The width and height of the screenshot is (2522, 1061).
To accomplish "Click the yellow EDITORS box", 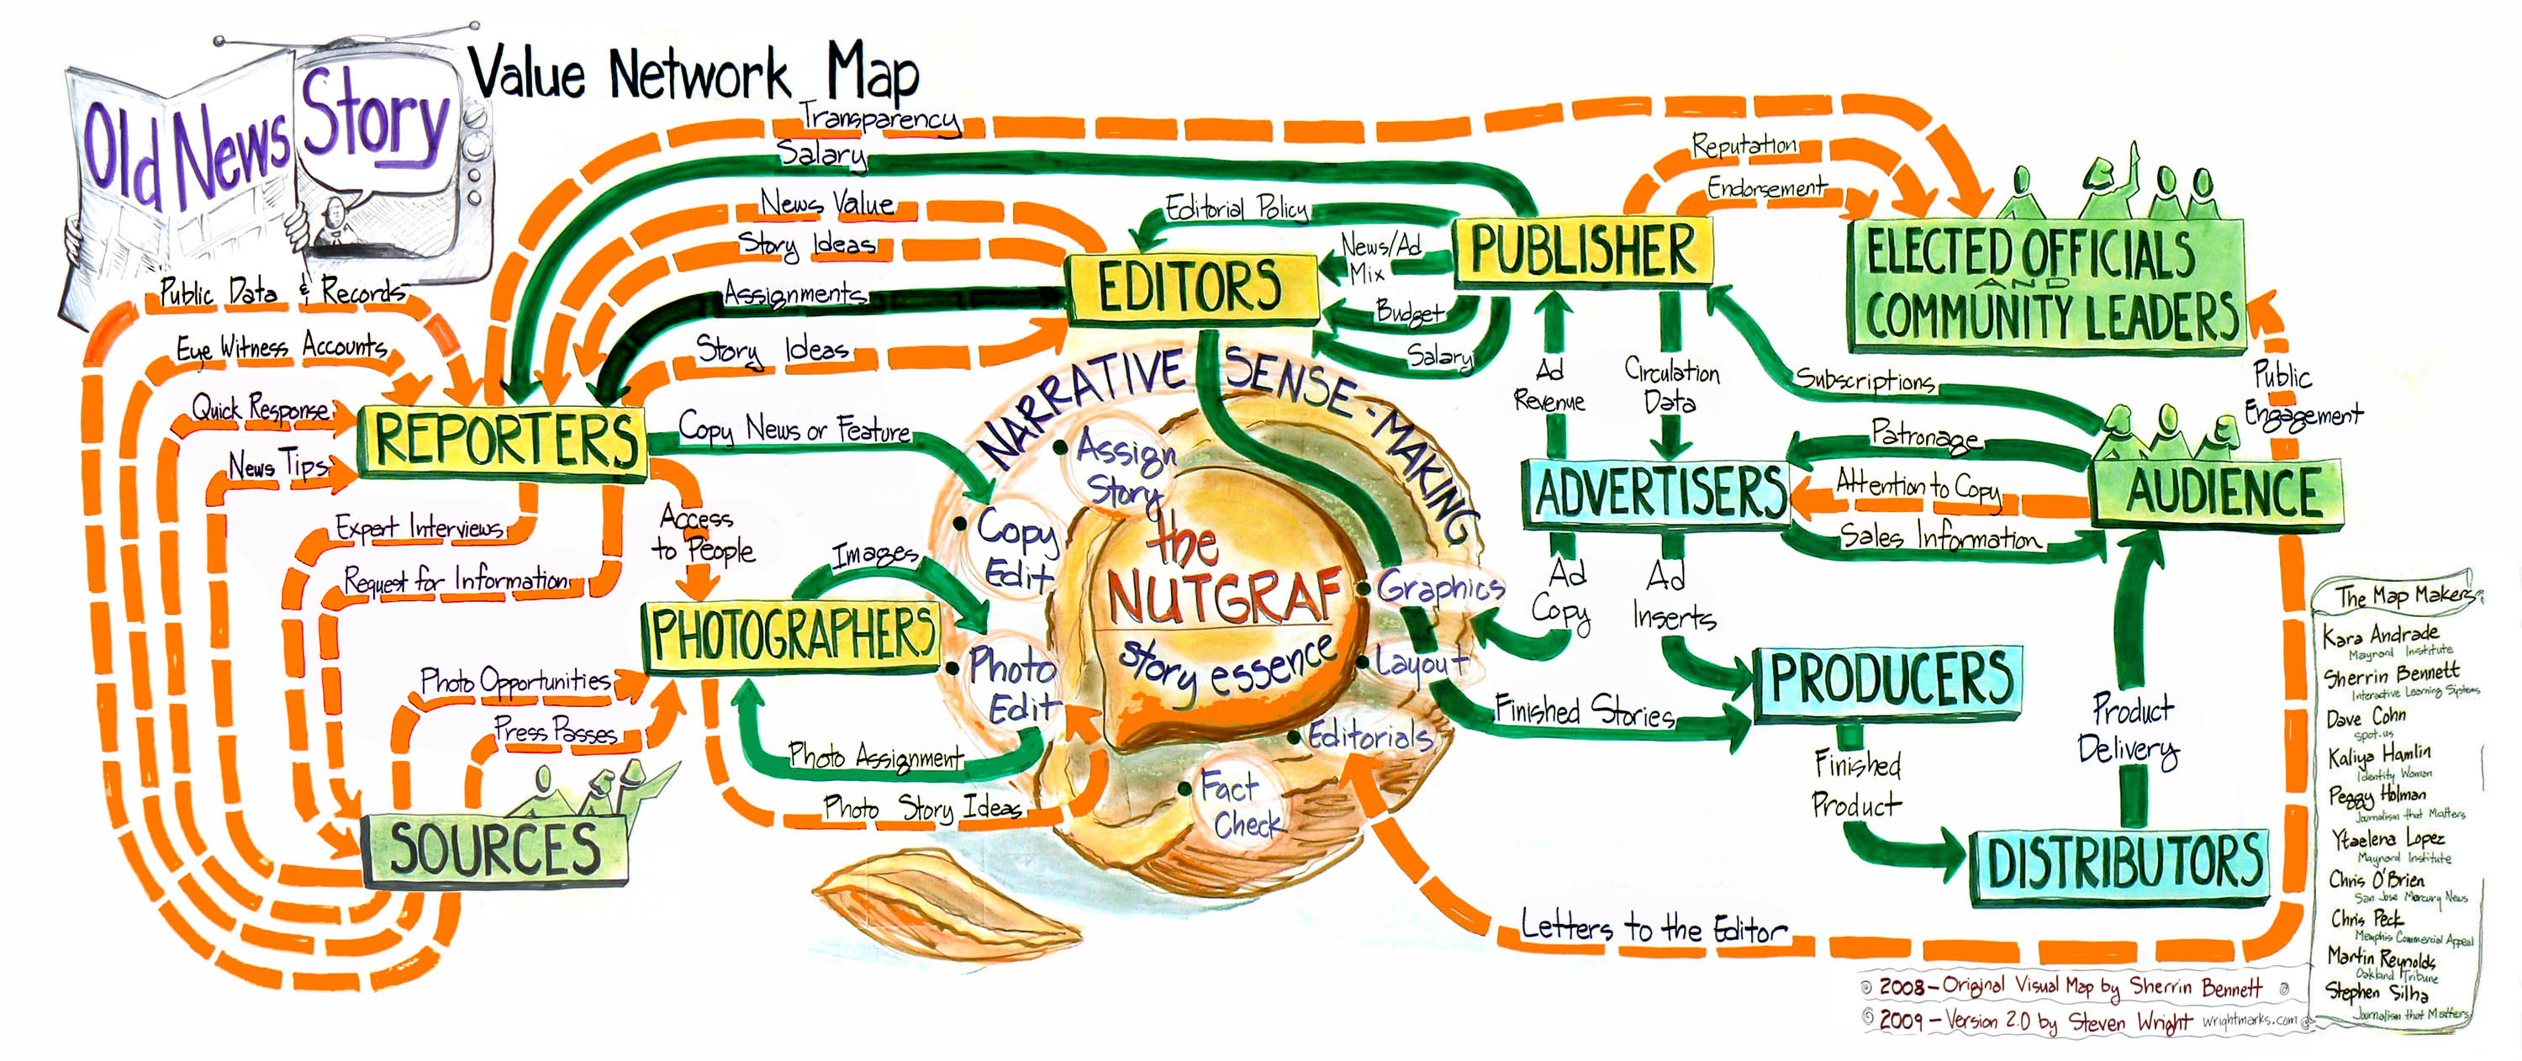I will [1190, 288].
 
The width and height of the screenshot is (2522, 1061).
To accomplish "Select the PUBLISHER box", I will [1583, 251].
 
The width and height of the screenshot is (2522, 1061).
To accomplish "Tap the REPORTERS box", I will [504, 441].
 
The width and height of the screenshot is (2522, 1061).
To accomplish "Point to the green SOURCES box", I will [494, 850].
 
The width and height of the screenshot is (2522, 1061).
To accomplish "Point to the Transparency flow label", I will [878, 118].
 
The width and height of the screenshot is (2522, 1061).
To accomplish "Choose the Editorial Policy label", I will [1236, 209].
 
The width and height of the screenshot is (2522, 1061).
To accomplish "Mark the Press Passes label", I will [555, 730].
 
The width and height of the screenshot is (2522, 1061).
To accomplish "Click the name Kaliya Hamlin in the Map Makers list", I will [2379, 755].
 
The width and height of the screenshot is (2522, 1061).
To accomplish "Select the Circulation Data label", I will [1671, 387].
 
